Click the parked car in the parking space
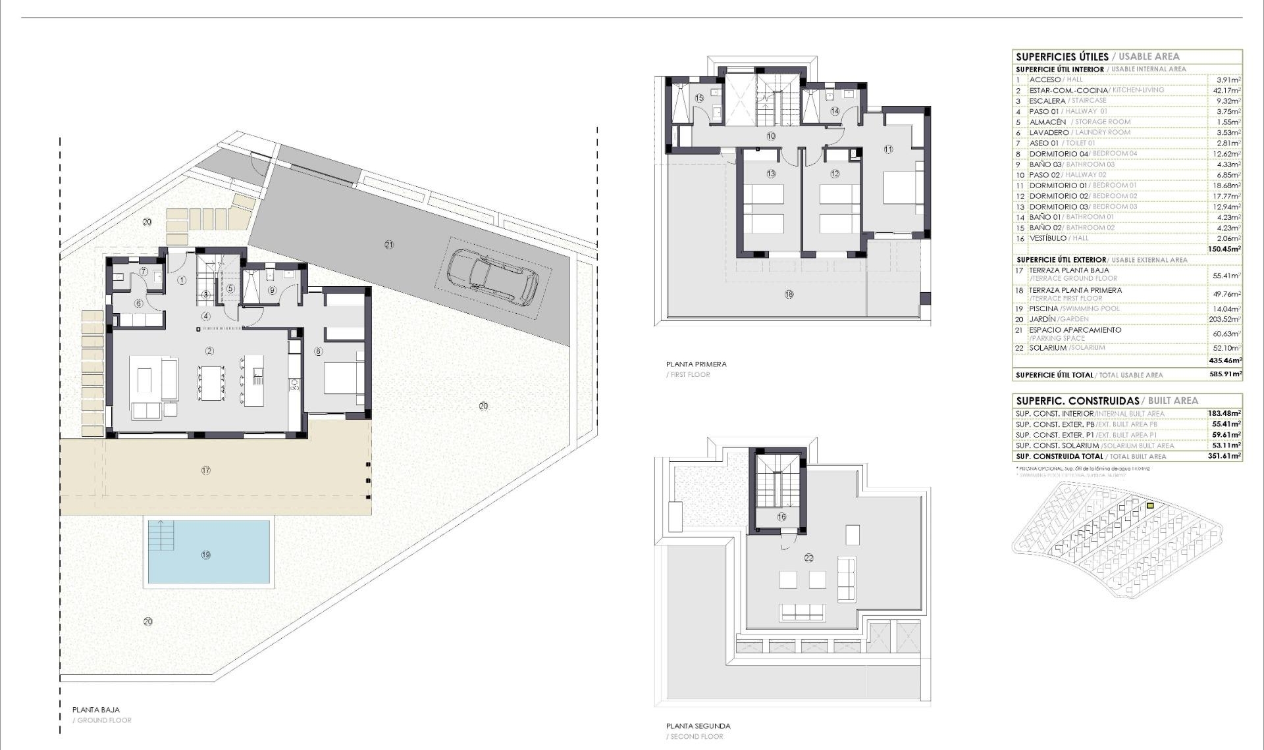492,278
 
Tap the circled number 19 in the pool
206,555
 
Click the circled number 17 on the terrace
206,470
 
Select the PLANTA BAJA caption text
96,710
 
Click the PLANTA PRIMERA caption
696,364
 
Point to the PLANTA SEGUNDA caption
698,726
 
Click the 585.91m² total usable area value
1224,374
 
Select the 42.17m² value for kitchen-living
1227,90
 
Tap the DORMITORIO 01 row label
1059,186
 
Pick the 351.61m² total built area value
1224,456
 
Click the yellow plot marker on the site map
1150,505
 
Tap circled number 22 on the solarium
808,557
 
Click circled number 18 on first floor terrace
789,294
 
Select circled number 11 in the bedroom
888,149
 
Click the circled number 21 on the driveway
389,244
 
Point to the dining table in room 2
211,383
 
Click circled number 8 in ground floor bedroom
319,351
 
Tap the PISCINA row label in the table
1043,309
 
